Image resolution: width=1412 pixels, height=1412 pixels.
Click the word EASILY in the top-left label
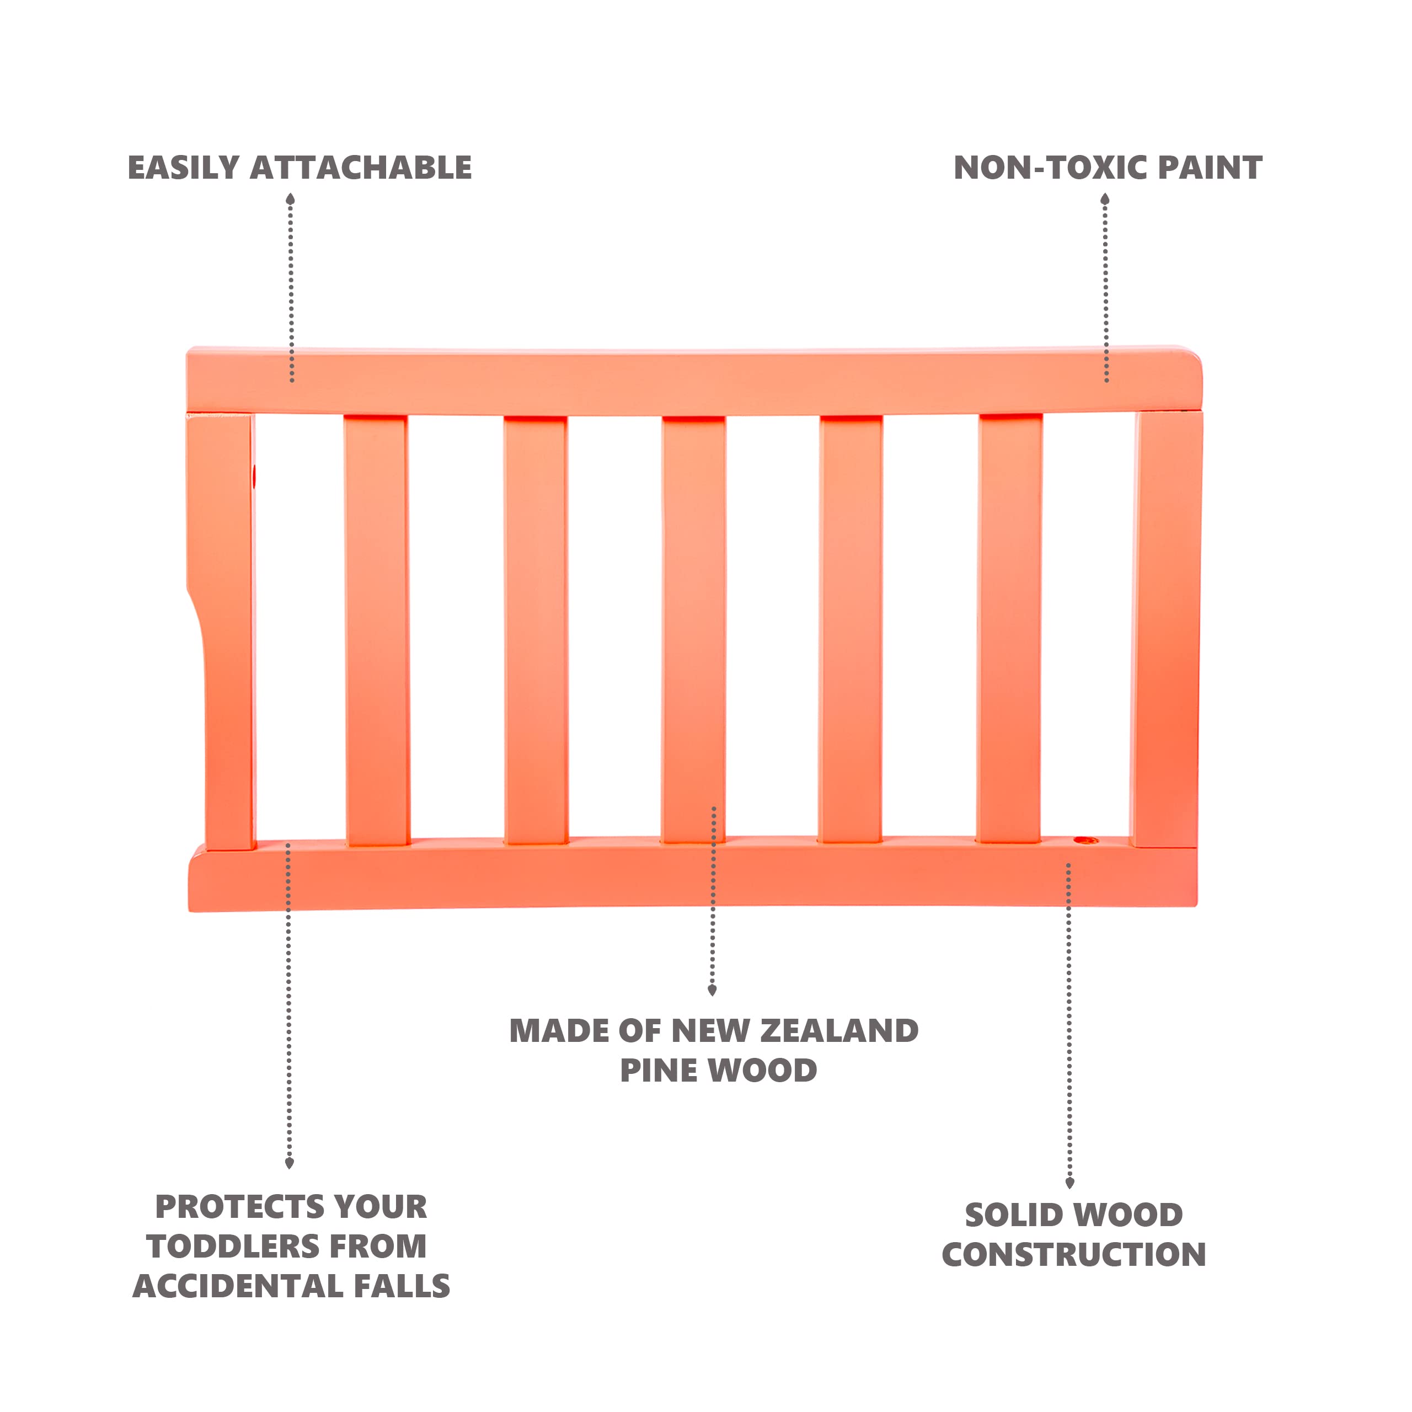(184, 168)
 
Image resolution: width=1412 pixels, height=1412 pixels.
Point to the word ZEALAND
(839, 1031)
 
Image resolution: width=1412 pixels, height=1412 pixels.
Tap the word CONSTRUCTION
(1074, 1255)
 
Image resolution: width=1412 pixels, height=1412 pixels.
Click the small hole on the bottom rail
(1085, 841)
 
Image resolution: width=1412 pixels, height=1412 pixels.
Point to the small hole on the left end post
(254, 477)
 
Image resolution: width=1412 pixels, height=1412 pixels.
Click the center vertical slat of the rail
(693, 629)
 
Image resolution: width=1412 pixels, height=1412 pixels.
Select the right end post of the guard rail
(1167, 629)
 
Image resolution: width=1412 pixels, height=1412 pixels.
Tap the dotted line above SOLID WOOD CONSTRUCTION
(1068, 1023)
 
